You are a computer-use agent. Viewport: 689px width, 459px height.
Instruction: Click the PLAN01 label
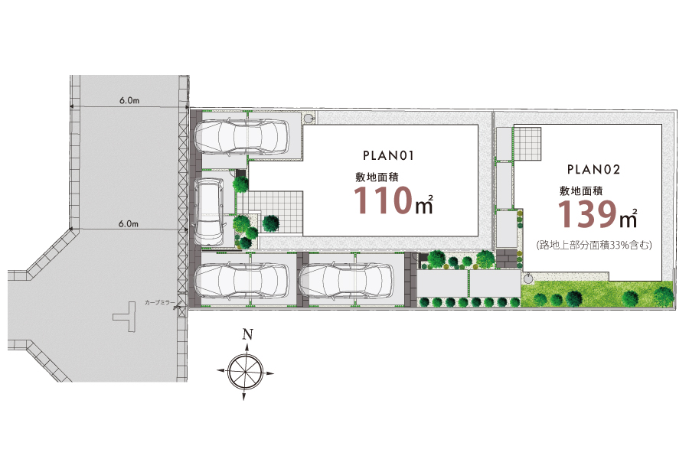tap(388, 155)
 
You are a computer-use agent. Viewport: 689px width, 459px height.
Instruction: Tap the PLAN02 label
tap(593, 170)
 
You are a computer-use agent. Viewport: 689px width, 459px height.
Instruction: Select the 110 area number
tap(383, 200)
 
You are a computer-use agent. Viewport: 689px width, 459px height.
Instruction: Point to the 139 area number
tap(587, 214)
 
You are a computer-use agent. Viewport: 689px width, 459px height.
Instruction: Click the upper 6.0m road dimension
tap(129, 100)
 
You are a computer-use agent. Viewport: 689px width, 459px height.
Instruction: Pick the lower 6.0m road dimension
tap(129, 223)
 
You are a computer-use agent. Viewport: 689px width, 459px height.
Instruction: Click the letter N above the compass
tap(248, 335)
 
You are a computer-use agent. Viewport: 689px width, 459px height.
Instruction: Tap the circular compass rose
tap(246, 372)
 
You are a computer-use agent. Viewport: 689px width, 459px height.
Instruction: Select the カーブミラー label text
tap(159, 303)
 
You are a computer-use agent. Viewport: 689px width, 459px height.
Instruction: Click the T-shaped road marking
tap(126, 316)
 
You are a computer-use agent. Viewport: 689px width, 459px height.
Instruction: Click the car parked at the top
tap(241, 137)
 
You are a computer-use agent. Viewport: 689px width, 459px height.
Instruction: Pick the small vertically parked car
tap(210, 211)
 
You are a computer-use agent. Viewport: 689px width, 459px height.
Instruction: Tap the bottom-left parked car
tap(241, 281)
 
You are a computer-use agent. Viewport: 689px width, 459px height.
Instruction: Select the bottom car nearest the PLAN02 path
tap(346, 281)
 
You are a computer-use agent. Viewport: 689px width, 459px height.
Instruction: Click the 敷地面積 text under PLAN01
tap(377, 177)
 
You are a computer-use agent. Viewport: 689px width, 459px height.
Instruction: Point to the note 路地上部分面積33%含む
tap(593, 245)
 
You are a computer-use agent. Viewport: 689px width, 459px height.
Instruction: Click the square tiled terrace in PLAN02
tap(527, 144)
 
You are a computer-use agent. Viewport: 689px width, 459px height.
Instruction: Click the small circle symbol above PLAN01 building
tap(309, 118)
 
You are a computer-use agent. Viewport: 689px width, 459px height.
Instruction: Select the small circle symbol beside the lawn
tap(528, 278)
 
